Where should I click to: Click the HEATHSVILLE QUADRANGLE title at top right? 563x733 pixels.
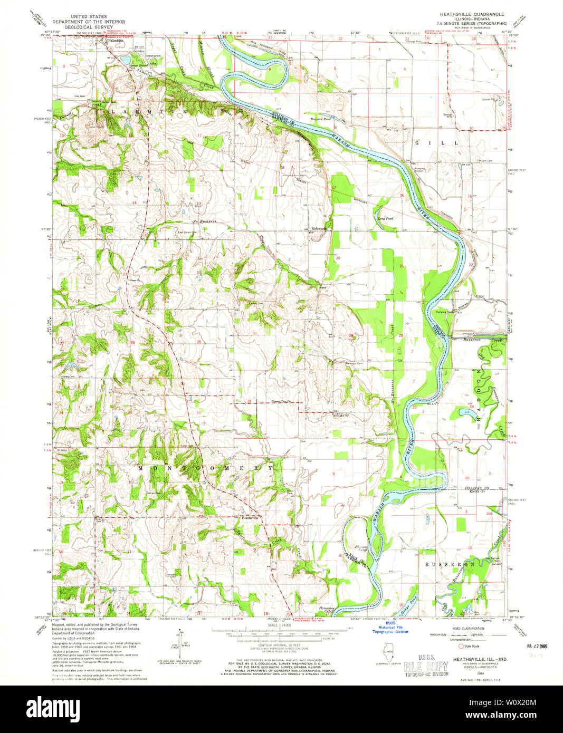click(x=467, y=14)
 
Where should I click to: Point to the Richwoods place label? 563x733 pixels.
click(x=319, y=228)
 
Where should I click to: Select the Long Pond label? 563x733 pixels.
click(x=385, y=218)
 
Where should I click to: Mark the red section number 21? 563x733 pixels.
click(x=402, y=266)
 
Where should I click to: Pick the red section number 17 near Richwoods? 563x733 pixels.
click(x=333, y=188)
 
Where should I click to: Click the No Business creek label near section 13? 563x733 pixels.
click(x=205, y=221)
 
